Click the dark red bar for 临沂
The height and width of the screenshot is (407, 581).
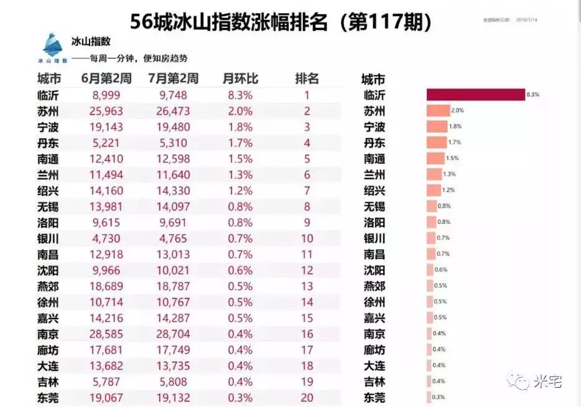tap(475, 95)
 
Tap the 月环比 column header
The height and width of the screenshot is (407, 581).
tap(240, 79)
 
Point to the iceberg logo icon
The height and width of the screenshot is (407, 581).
tap(52, 46)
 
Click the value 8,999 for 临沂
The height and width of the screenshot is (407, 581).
tap(105, 95)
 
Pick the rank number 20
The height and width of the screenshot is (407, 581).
tap(307, 398)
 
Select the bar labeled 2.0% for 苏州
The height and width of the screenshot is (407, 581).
tap(437, 111)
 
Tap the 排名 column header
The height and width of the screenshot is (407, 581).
tap(307, 79)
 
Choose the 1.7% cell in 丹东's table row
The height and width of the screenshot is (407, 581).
tap(240, 143)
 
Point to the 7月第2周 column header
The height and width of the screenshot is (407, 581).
tap(174, 79)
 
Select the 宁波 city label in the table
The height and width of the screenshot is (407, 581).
tap(49, 128)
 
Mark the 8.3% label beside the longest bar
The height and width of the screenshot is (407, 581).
tap(532, 95)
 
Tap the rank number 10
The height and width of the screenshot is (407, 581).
tap(307, 238)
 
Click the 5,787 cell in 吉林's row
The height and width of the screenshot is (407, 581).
tap(105, 381)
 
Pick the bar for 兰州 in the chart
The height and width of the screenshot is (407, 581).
tap(434, 175)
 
